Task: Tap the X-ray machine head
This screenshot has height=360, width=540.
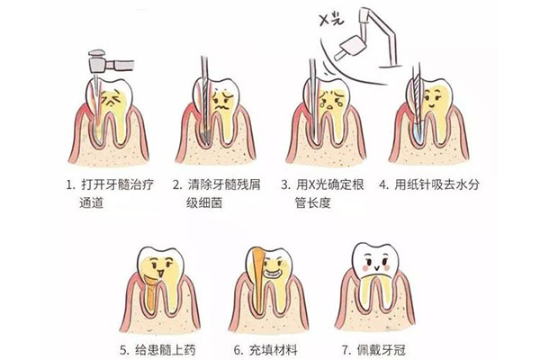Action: pyautogui.click(x=346, y=50)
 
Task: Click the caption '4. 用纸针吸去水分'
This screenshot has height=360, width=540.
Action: pyautogui.click(x=430, y=185)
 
